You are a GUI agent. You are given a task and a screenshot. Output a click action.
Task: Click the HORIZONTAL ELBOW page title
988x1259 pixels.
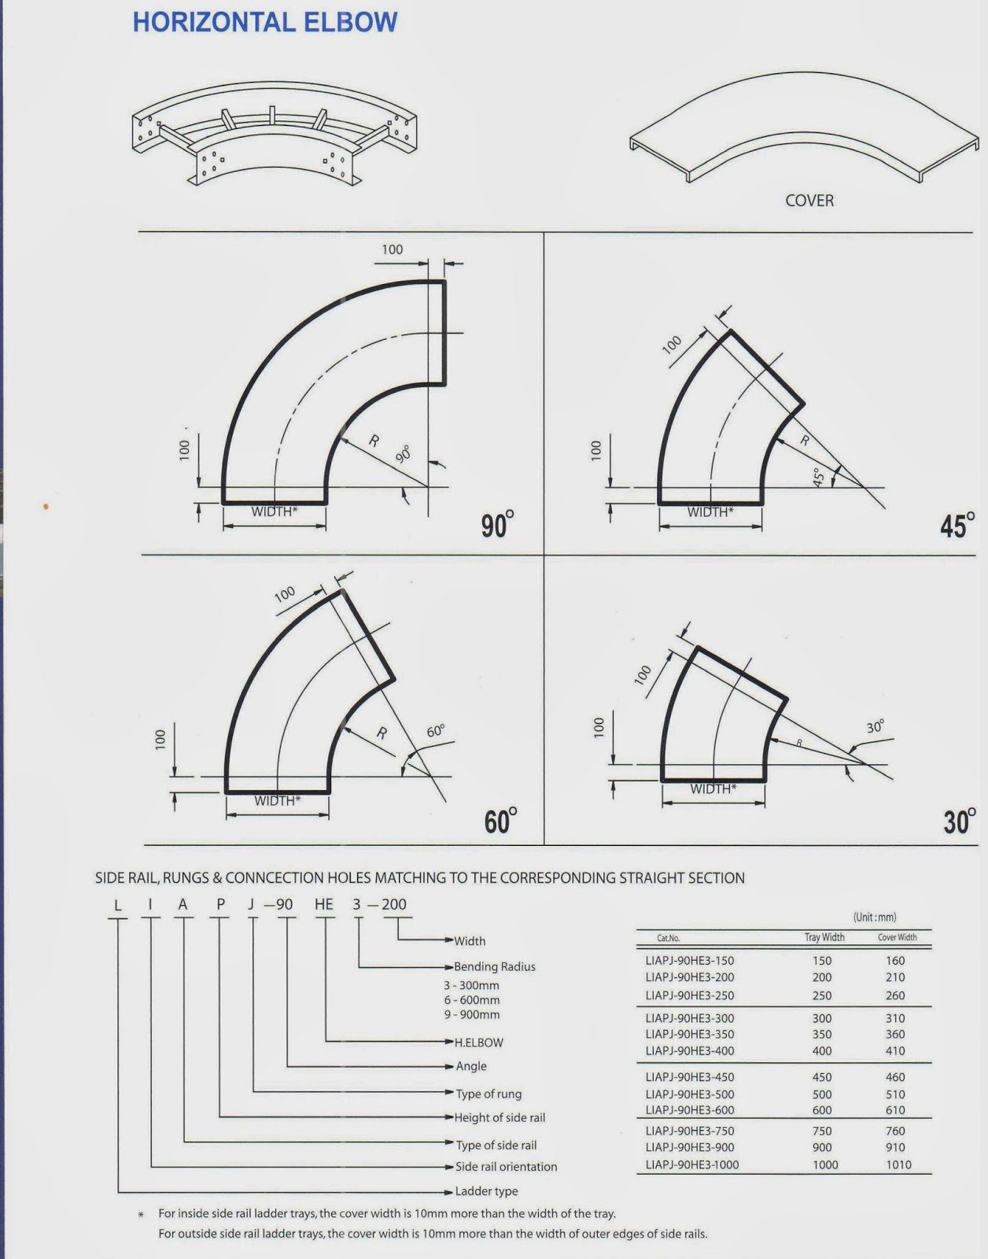265,22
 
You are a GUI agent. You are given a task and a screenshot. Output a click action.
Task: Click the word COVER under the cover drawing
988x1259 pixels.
809,201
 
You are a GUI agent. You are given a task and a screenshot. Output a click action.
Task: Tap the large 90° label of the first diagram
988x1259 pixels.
497,524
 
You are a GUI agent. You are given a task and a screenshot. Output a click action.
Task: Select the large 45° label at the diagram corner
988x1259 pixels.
957,525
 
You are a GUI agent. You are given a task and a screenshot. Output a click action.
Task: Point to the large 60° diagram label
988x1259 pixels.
500,821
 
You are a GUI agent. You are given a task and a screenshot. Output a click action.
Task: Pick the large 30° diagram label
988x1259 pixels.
960,821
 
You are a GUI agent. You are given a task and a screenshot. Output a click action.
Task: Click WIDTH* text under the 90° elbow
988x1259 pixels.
275,512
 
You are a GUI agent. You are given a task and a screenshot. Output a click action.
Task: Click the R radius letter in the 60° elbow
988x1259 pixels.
382,733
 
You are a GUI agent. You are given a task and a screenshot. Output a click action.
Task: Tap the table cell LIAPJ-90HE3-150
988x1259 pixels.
689,961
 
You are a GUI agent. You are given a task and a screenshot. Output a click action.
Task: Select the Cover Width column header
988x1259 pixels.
897,937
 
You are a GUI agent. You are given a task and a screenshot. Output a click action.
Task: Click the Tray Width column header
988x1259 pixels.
824,937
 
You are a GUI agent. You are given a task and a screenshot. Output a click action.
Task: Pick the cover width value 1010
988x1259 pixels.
898,1165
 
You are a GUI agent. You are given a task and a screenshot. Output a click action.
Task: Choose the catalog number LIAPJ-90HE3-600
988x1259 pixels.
689,1110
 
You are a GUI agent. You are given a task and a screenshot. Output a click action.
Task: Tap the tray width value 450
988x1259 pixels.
822,1077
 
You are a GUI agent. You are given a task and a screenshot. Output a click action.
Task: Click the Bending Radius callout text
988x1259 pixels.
494,966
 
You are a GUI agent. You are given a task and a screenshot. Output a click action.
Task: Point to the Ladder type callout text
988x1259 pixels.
486,1191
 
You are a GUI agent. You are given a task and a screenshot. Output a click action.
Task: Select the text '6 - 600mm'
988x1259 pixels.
471,1000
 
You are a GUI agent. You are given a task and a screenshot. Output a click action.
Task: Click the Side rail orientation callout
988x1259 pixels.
506,1167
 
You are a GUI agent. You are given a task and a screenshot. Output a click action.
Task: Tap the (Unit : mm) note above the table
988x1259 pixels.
874,917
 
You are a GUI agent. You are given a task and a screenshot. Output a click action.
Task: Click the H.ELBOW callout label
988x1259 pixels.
478,1043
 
